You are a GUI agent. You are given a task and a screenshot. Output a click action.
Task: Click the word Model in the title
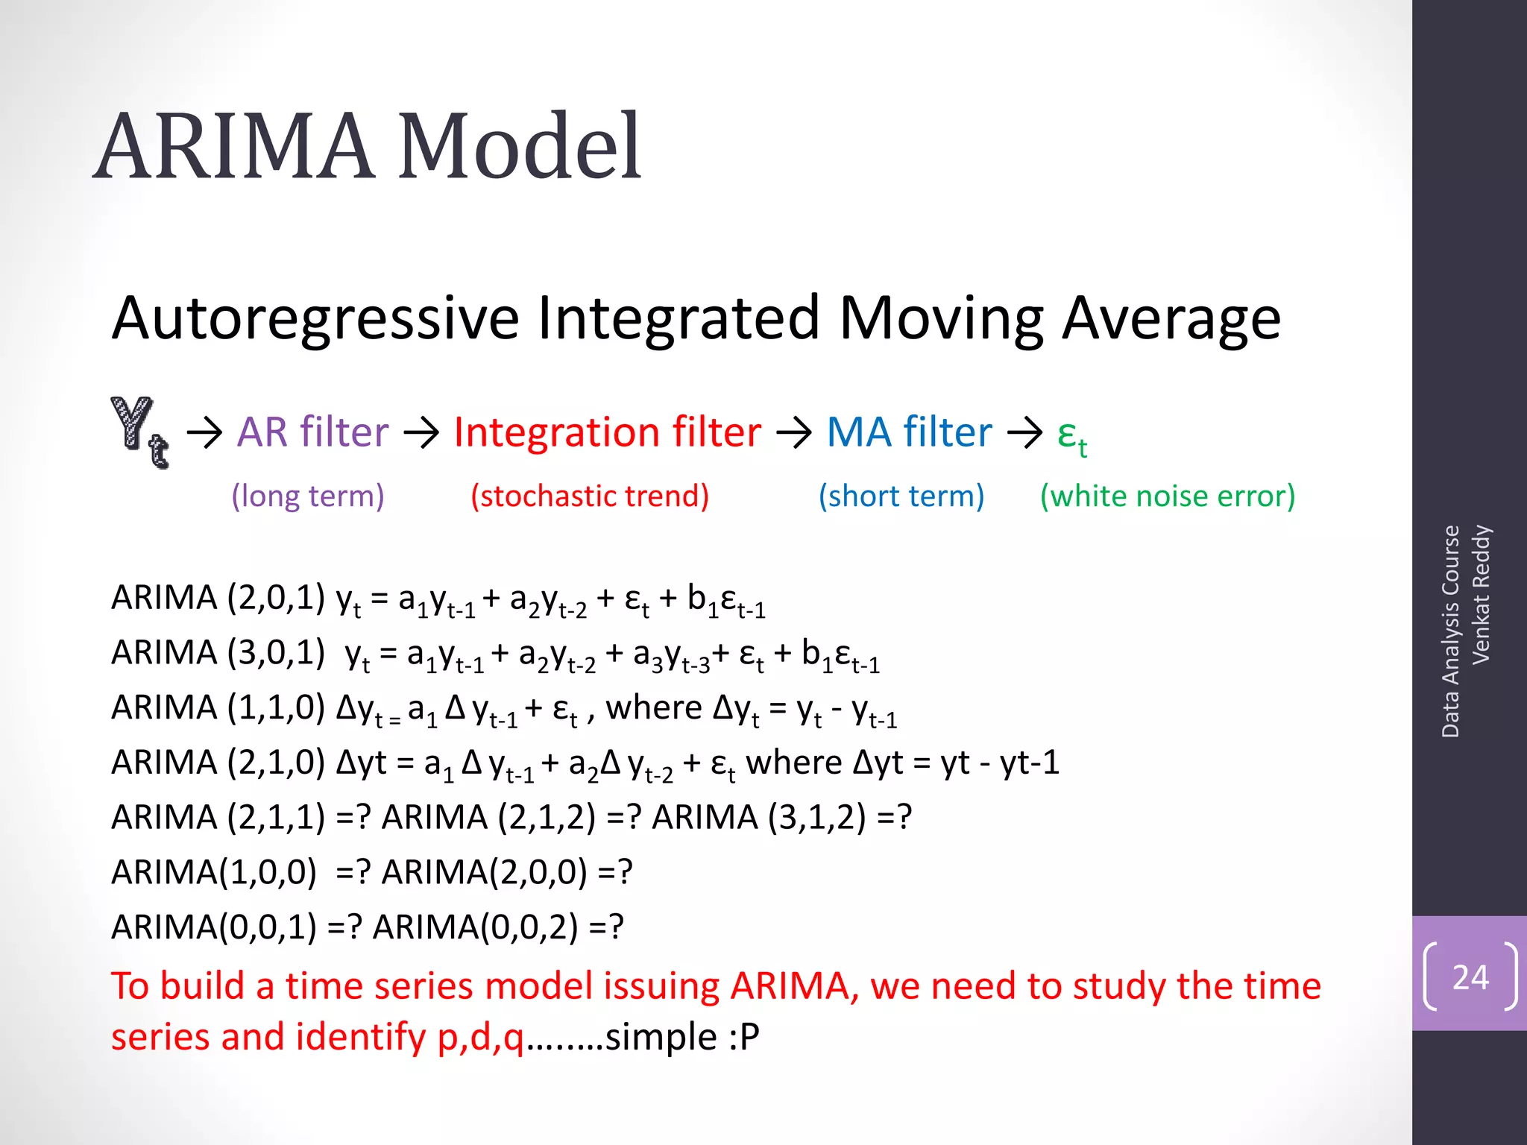tap(520, 146)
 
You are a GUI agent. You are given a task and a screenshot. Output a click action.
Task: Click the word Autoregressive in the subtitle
tap(315, 318)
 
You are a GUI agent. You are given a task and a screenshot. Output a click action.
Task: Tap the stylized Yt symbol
tap(140, 432)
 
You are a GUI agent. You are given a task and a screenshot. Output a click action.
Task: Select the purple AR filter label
tap(313, 432)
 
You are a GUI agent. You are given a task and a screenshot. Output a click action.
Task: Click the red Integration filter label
tap(608, 432)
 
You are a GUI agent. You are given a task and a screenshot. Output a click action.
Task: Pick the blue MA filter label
tap(910, 432)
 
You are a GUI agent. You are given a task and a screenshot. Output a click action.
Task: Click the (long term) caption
tap(308, 496)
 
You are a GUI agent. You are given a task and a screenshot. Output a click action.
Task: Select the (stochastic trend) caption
tap(590, 496)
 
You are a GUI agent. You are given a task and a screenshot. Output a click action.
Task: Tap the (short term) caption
tap(901, 496)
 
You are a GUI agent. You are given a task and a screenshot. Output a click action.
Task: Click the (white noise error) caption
tap(1168, 496)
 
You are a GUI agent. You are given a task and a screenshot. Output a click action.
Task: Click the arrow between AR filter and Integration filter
tap(421, 432)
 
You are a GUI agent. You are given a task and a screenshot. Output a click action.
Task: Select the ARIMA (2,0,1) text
tap(218, 598)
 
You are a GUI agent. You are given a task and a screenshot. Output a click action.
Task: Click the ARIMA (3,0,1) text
tap(218, 653)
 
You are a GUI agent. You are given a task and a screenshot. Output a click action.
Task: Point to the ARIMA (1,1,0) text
tap(218, 707)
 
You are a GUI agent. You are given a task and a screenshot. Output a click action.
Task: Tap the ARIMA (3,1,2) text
tap(759, 817)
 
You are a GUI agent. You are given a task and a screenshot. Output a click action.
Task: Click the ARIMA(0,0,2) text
tap(475, 927)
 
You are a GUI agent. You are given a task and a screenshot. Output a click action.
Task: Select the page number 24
tap(1470, 977)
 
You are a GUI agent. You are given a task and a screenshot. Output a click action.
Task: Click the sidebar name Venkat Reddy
tap(1480, 594)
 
